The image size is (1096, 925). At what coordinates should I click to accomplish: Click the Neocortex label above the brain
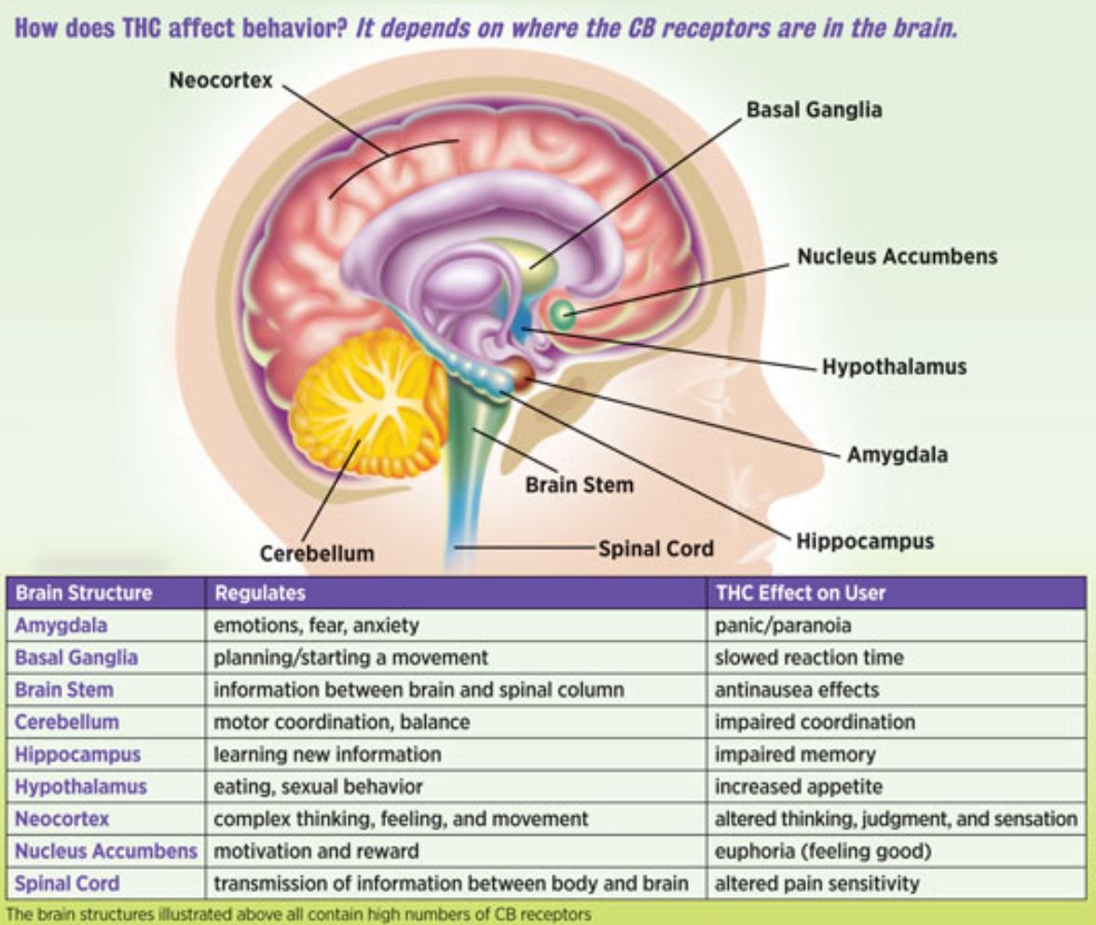point(221,80)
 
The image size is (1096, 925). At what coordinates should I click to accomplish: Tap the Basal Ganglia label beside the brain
point(814,110)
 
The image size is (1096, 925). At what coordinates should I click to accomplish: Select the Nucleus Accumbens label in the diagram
point(897,255)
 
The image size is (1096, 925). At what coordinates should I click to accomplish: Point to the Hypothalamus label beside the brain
point(894,366)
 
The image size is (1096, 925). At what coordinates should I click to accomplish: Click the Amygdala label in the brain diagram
point(897,455)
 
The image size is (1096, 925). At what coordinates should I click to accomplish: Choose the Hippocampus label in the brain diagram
point(864,541)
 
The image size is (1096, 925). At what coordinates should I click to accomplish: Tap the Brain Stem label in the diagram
point(579,485)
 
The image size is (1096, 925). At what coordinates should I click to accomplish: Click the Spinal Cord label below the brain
point(655,548)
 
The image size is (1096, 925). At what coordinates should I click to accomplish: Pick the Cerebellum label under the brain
point(317,553)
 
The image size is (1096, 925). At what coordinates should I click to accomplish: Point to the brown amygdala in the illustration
point(519,372)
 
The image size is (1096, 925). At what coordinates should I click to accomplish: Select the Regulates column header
point(260,593)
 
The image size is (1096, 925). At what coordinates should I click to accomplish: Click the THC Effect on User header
point(800,593)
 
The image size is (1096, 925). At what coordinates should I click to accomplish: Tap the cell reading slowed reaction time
point(808,657)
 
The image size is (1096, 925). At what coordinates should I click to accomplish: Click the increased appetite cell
point(798,787)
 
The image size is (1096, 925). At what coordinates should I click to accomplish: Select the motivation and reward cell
point(316,850)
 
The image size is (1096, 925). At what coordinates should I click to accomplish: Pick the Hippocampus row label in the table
point(77,754)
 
